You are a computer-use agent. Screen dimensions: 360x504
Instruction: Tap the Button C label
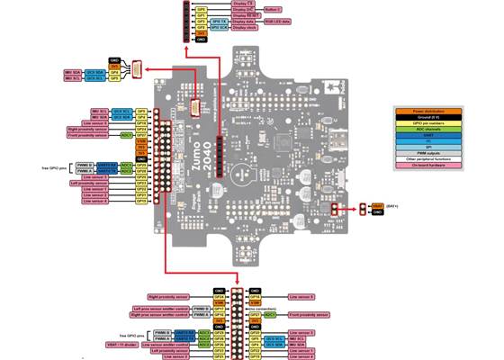coord(271,9)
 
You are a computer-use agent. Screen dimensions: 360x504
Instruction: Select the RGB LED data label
coord(275,22)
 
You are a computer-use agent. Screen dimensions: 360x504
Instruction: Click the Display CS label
coord(244,3)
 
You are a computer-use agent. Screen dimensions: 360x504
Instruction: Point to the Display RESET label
coord(246,15)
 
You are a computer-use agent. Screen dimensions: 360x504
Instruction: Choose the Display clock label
coord(245,28)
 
